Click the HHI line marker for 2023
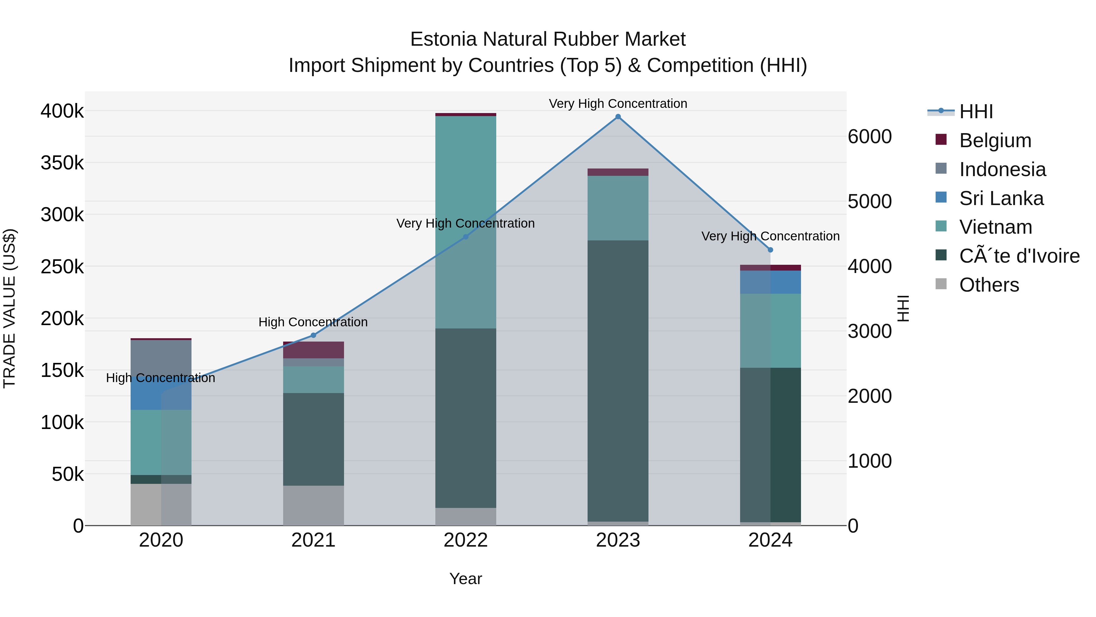[618, 117]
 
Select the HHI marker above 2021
[314, 335]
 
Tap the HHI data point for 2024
[770, 250]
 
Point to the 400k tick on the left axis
[62, 111]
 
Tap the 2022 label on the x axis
[465, 540]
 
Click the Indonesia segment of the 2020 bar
[161, 358]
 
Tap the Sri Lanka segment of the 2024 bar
[770, 282]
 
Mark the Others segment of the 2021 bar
[314, 505]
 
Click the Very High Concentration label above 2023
[618, 104]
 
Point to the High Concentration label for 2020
[160, 378]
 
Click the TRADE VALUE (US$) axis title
[9, 308]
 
